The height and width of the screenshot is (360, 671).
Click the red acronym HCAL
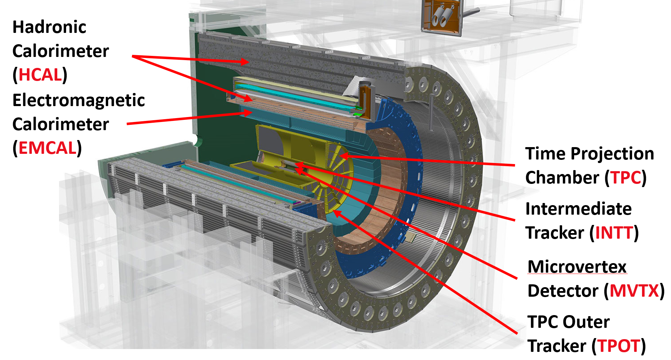pyautogui.click(x=40, y=75)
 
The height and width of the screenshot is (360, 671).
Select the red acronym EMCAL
pyautogui.click(x=48, y=148)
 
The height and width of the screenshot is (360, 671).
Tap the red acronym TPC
pyautogui.click(x=626, y=178)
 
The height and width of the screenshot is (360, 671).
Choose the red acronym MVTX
pyautogui.click(x=635, y=291)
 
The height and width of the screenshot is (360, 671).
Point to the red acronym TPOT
pyautogui.click(x=619, y=346)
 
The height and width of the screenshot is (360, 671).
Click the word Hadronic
pyautogui.click(x=49, y=27)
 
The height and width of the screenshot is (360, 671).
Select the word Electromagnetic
pyautogui.click(x=79, y=100)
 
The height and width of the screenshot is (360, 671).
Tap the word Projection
pyautogui.click(x=612, y=154)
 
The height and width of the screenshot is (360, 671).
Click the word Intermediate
pyautogui.click(x=579, y=209)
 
